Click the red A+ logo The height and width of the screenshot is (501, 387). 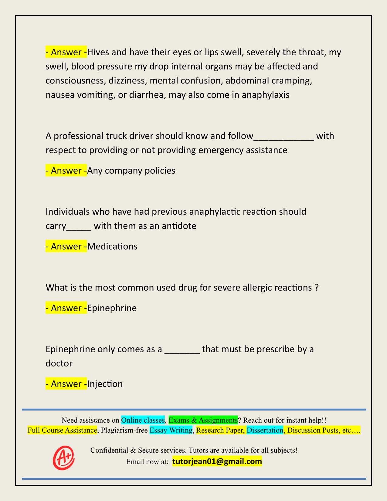click(x=64, y=458)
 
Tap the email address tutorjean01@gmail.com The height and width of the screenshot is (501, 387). click(x=217, y=462)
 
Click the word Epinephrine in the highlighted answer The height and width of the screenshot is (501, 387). click(x=112, y=308)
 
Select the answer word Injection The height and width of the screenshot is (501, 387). click(x=105, y=384)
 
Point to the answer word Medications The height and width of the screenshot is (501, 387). click(x=112, y=246)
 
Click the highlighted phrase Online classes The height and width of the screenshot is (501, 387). click(x=143, y=420)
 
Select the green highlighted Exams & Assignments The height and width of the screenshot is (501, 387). click(x=203, y=420)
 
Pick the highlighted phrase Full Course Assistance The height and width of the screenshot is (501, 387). click(x=62, y=430)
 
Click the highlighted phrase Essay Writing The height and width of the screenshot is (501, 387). click(x=171, y=430)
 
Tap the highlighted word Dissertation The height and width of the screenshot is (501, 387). click(x=265, y=430)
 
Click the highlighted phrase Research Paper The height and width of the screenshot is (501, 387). click(x=220, y=430)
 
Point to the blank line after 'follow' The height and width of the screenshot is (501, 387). click(x=283, y=138)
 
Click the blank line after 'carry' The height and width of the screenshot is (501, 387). click(x=79, y=228)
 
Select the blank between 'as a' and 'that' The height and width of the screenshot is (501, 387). click(x=182, y=352)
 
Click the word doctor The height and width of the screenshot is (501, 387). click(x=59, y=363)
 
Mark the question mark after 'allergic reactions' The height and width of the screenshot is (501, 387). click(x=317, y=287)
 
